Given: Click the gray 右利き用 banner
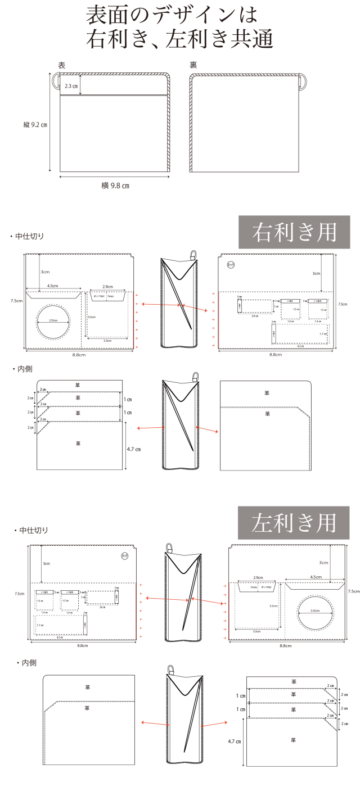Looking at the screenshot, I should pyautogui.click(x=295, y=232).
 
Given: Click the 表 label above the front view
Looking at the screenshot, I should pyautogui.click(x=62, y=65).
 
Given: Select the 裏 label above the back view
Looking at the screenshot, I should pyautogui.click(x=193, y=65).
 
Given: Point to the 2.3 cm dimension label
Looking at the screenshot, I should pyautogui.click(x=71, y=86).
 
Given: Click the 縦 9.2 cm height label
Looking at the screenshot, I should pyautogui.click(x=35, y=124).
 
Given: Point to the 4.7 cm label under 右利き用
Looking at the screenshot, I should pyautogui.click(x=133, y=449).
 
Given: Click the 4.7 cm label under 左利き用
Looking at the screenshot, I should pyautogui.click(x=235, y=741).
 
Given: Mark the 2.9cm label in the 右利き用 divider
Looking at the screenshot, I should pyautogui.click(x=106, y=286).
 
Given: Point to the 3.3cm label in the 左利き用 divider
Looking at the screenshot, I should pyautogui.click(x=256, y=632).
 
